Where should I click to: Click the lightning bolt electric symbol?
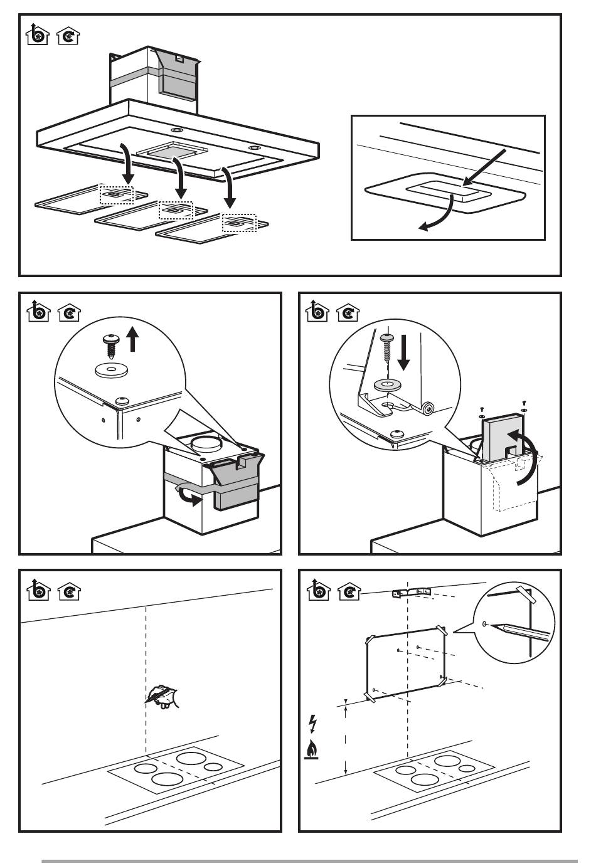[x=313, y=724]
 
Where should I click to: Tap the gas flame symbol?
[x=311, y=750]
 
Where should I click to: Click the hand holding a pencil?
[x=162, y=696]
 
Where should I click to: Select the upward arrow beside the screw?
[x=132, y=341]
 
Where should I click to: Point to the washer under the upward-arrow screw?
[x=112, y=369]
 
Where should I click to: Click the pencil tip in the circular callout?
[x=496, y=625]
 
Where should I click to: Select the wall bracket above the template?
[x=411, y=592]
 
